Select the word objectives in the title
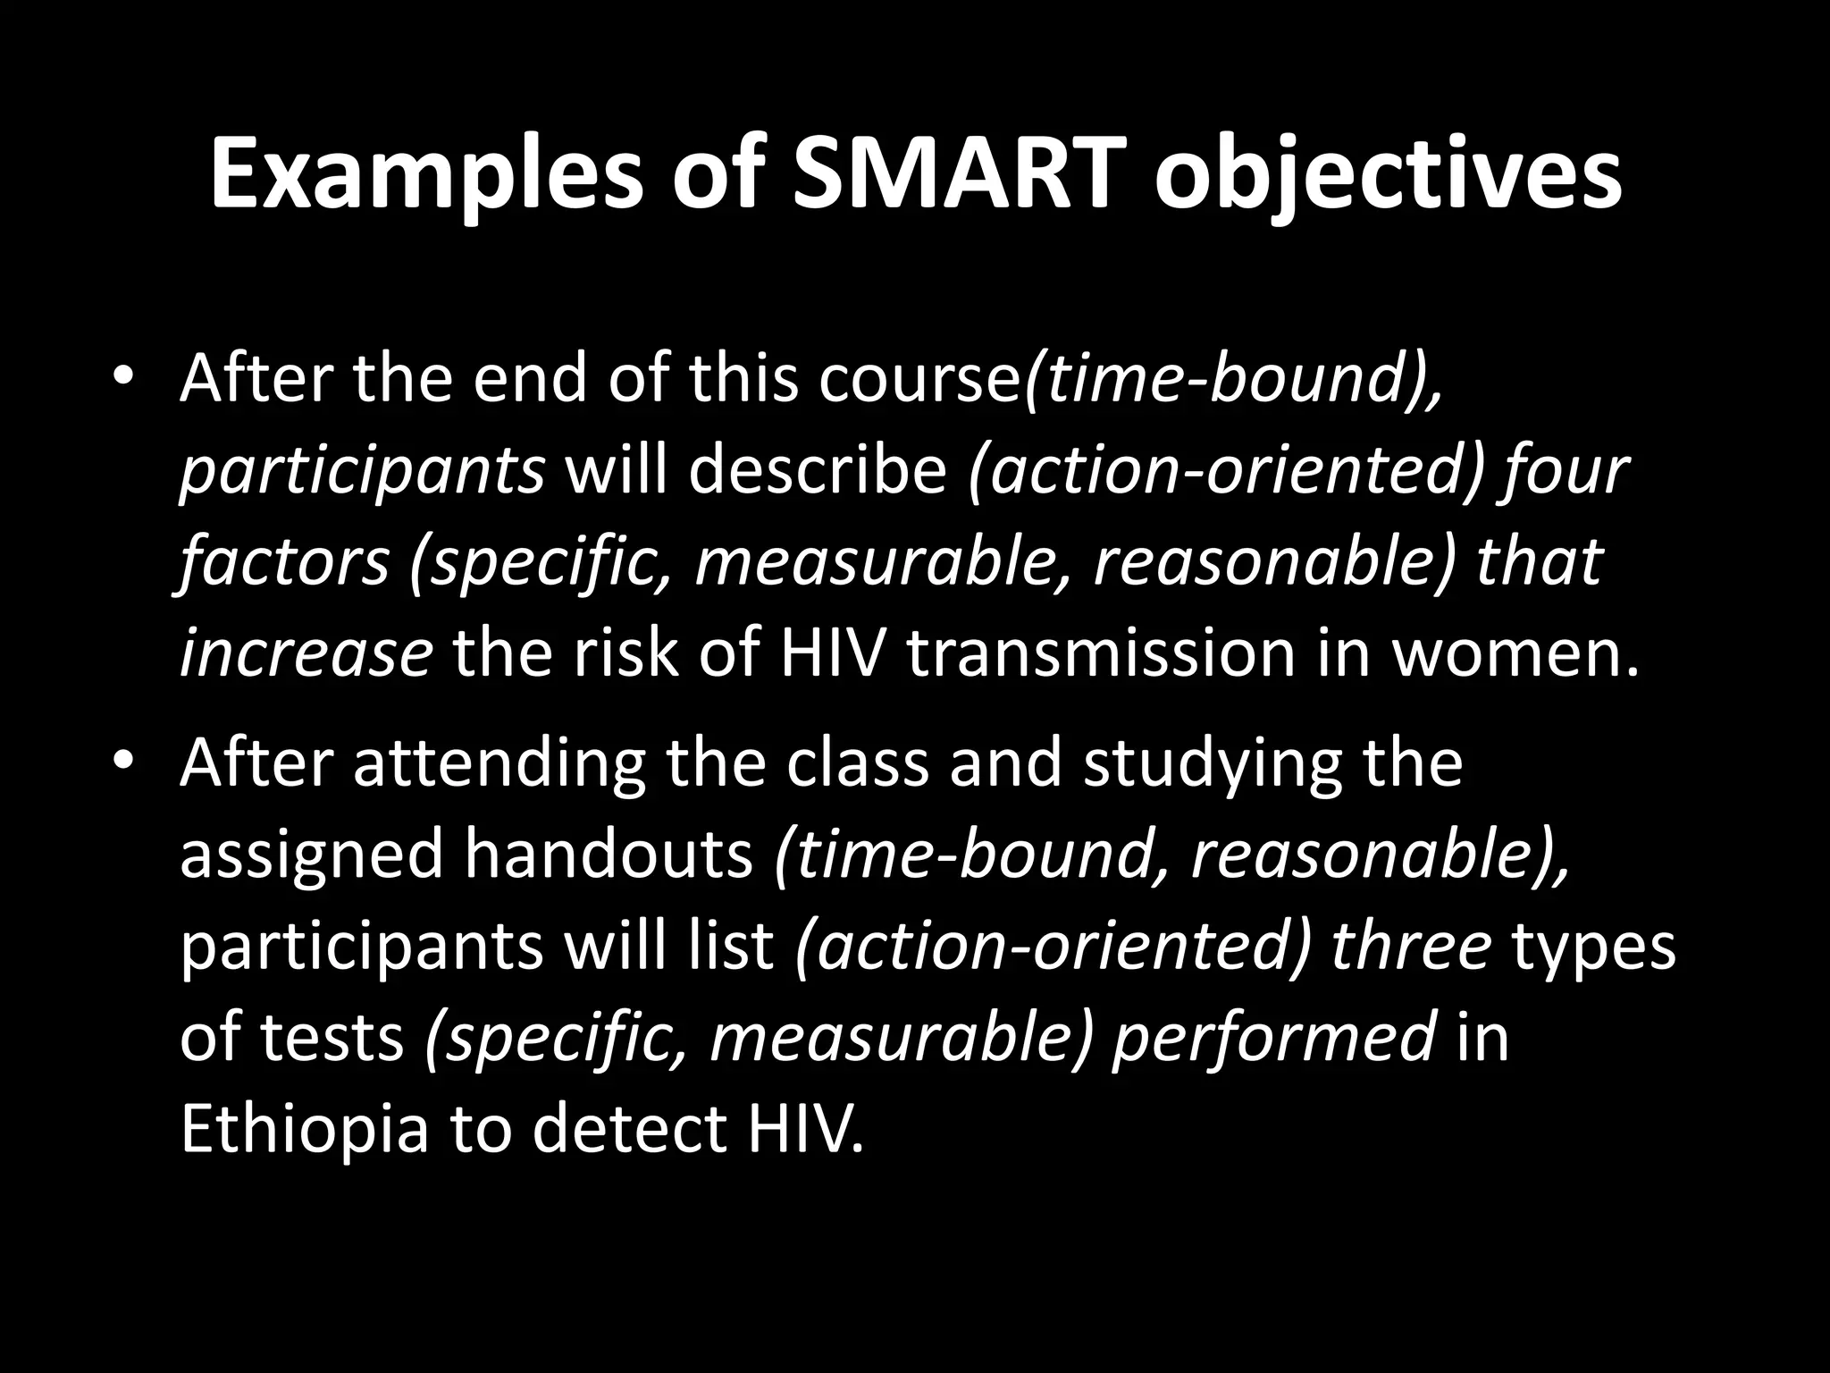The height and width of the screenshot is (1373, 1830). (1388, 173)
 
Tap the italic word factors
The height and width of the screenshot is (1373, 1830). (284, 562)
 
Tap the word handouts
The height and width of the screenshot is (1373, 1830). (608, 854)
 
